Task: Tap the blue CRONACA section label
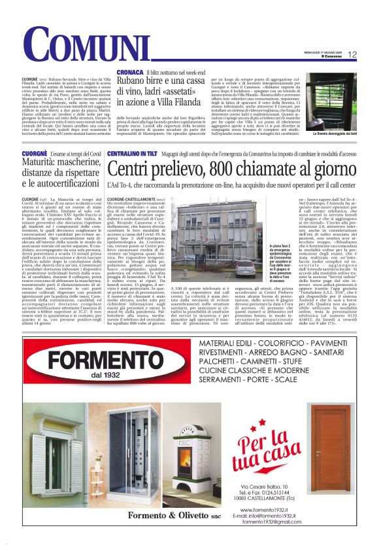click(129, 71)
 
